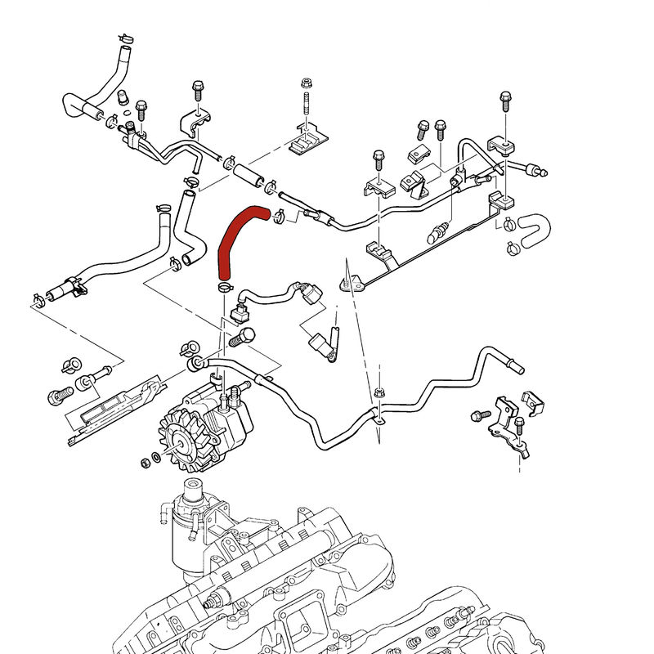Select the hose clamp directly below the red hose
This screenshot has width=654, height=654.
[223, 287]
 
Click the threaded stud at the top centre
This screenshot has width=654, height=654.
[305, 106]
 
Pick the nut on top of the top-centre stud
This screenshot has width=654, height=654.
[305, 83]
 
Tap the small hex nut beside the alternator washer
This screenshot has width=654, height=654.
[145, 463]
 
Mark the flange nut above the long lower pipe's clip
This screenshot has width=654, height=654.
[379, 393]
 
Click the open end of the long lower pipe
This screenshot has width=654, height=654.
[517, 369]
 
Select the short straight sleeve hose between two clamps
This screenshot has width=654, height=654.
[247, 172]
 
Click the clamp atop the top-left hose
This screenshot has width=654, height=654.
[126, 38]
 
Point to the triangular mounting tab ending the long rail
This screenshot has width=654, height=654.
[348, 283]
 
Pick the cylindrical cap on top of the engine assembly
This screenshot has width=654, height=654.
[191, 493]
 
